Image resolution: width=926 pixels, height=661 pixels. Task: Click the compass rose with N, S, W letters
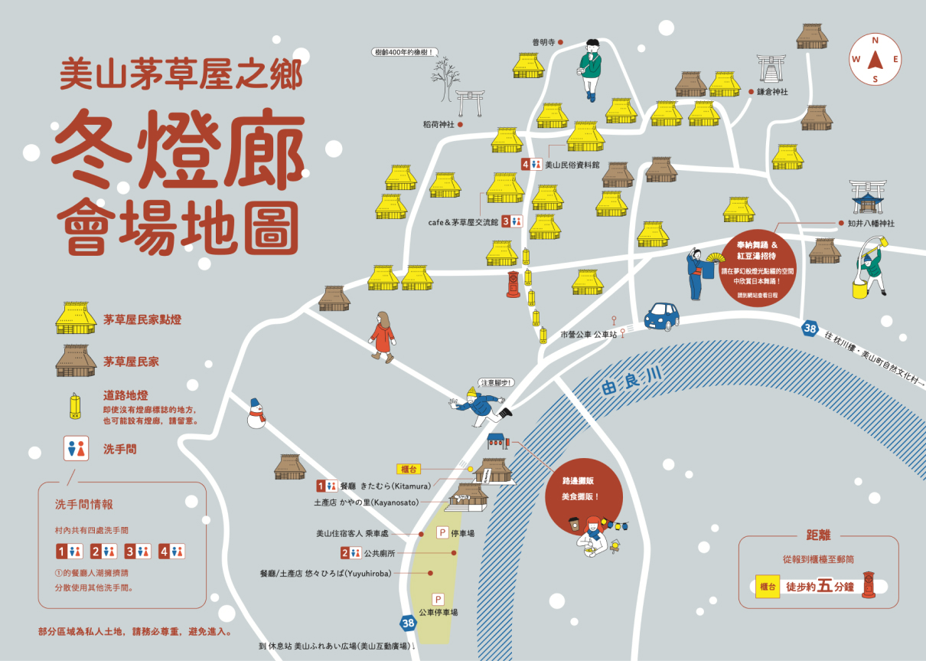point(875,59)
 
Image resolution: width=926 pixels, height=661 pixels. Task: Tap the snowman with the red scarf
point(256,414)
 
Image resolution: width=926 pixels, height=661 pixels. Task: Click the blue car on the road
point(661,316)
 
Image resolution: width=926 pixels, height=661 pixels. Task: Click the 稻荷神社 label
point(439,124)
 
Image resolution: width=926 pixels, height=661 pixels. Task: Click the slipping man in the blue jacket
point(481,406)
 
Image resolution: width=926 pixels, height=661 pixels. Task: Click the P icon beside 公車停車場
point(439,599)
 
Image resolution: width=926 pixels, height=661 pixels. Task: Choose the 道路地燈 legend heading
point(126,395)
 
